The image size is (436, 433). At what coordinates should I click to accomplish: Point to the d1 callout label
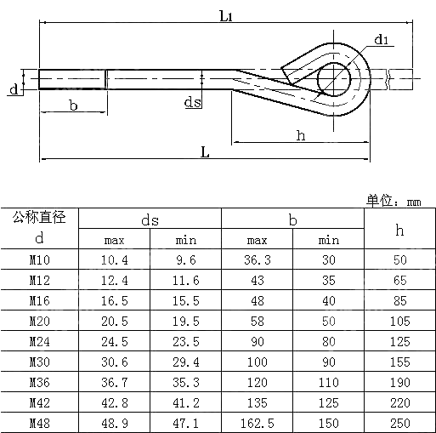click(382, 40)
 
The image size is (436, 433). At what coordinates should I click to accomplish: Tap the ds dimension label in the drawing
click(192, 103)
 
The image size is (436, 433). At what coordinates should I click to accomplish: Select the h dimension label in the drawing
click(300, 134)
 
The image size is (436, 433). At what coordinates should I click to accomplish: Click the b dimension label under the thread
click(73, 105)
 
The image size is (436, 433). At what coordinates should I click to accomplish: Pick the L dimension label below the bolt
click(205, 151)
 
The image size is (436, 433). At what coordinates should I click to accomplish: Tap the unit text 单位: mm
click(394, 201)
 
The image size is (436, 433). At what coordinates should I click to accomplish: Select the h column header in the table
click(399, 229)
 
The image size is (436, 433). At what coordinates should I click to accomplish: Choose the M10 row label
click(39, 260)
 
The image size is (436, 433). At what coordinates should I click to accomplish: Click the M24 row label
click(39, 341)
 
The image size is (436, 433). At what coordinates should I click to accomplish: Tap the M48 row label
click(39, 423)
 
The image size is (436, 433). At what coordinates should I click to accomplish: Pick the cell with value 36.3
click(257, 260)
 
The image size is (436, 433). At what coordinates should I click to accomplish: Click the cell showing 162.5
click(257, 423)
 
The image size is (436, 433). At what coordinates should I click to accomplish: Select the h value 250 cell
click(399, 423)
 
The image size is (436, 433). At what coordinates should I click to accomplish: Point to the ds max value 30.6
click(114, 362)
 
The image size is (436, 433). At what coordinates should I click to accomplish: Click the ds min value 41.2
click(185, 402)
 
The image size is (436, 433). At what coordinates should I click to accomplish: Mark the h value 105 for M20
click(399, 321)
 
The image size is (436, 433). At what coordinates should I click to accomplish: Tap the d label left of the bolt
click(13, 89)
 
